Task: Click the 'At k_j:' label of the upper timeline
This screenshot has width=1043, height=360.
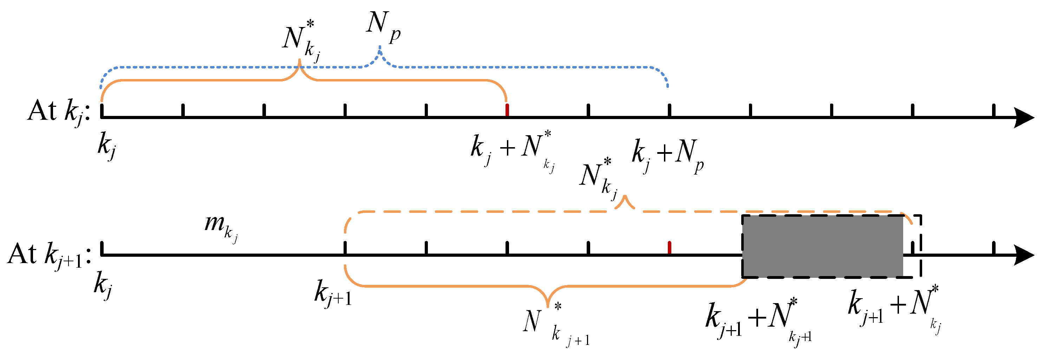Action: (59, 112)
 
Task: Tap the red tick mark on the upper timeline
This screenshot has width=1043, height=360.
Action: (507, 110)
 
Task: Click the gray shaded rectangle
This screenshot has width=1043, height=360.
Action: (822, 246)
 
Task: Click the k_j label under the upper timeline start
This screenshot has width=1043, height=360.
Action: (107, 146)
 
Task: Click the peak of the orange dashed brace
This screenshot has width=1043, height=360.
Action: (625, 198)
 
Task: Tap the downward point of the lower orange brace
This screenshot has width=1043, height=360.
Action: (547, 306)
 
